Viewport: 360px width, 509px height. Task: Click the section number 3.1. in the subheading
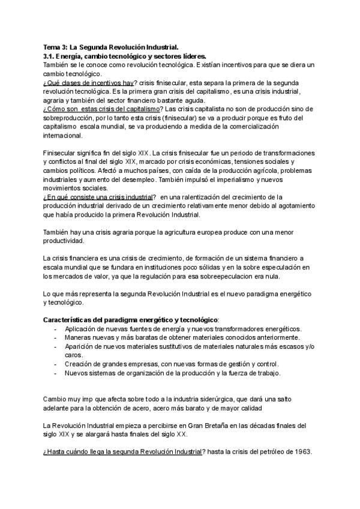(x=51, y=54)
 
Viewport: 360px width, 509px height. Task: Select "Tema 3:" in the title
(x=56, y=46)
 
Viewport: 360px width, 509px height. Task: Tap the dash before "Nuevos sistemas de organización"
(x=55, y=373)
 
